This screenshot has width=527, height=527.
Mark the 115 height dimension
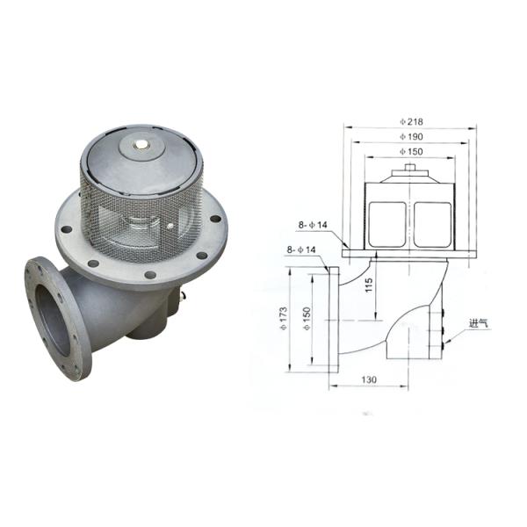tap(368, 286)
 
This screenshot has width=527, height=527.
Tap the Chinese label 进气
tap(479, 323)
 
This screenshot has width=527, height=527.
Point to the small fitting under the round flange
tap(184, 300)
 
